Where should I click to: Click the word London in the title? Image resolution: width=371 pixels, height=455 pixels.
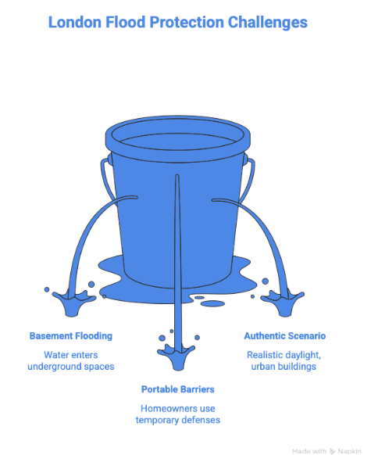click(74, 23)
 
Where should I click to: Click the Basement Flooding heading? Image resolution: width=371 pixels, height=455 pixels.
click(71, 336)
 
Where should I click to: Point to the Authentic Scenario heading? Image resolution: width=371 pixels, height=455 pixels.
click(285, 335)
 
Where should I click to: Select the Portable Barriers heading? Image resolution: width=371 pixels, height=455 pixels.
click(177, 389)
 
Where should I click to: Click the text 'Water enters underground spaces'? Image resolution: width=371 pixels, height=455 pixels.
click(71, 360)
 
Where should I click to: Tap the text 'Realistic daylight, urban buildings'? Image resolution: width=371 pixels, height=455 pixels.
click(284, 360)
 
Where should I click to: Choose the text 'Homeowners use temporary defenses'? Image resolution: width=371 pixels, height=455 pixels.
click(177, 414)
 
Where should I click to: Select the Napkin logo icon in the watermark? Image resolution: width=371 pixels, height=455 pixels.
click(332, 451)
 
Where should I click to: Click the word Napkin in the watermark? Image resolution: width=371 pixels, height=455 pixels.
click(350, 451)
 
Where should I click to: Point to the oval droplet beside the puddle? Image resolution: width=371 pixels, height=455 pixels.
click(212, 303)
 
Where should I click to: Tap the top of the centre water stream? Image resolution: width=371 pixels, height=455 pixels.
click(177, 174)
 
